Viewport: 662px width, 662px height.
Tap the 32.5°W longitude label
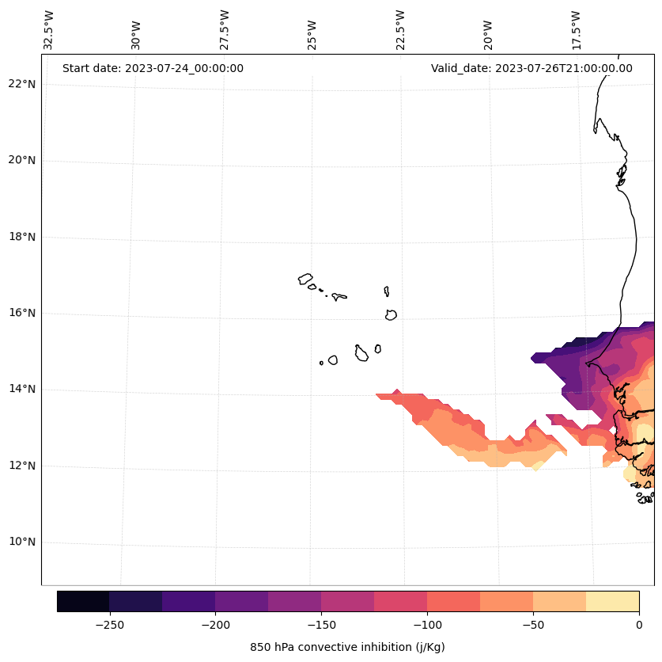pyautogui.click(x=49, y=30)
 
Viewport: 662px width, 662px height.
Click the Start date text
pyautogui.click(x=153, y=68)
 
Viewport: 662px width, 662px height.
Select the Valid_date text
pyautogui.click(x=531, y=68)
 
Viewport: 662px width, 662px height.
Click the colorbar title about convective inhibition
pyautogui.click(x=347, y=647)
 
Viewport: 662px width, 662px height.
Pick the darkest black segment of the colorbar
pyautogui.click(x=83, y=601)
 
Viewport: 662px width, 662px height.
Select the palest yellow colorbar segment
pyautogui.click(x=612, y=601)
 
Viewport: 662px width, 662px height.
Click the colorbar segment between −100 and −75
pyautogui.click(x=453, y=601)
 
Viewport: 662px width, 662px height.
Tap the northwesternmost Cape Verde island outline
pyautogui.click(x=305, y=279)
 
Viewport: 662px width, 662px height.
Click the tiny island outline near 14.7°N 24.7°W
pyautogui.click(x=321, y=363)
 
